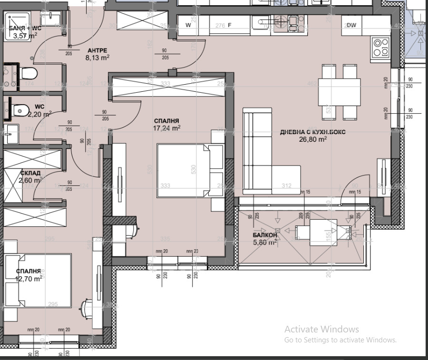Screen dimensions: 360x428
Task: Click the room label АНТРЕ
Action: [97, 50]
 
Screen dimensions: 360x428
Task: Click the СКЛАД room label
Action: [30, 173]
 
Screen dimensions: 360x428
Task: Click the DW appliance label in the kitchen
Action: [351, 25]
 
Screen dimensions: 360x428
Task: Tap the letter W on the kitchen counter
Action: [188, 25]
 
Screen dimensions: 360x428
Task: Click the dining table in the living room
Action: [339, 92]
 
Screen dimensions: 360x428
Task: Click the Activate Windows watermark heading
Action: [321, 329]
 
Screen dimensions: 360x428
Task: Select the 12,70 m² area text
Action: [29, 279]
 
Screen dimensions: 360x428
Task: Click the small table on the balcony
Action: [323, 232]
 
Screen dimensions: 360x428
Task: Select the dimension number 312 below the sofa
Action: [286, 186]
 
